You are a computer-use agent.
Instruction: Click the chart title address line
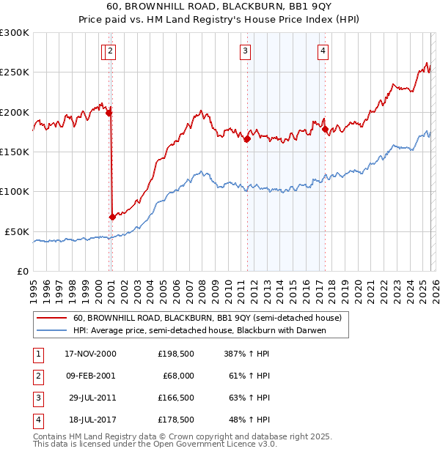[x=219, y=7]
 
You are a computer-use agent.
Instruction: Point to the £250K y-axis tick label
[x=15, y=72]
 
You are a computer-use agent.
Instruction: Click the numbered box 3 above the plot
[x=245, y=51]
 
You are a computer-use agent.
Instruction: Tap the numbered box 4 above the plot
[x=323, y=51]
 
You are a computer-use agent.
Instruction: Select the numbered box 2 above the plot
[x=110, y=51]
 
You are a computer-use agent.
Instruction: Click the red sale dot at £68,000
[x=112, y=217]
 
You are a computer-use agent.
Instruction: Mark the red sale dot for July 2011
[x=247, y=138]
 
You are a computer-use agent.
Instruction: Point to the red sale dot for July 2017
[x=325, y=130]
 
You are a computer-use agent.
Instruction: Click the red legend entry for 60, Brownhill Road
[x=208, y=319]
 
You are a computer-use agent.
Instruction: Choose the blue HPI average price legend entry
[x=199, y=330]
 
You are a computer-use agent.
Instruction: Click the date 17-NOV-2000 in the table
[x=90, y=354]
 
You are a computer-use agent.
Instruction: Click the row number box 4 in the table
[x=36, y=420]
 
